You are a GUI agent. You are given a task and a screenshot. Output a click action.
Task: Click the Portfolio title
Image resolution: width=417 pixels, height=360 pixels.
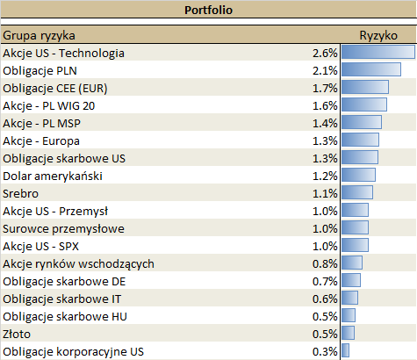pyautogui.click(x=208, y=11)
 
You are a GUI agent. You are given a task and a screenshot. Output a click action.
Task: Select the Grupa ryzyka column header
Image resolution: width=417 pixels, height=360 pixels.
pyautogui.click(x=39, y=36)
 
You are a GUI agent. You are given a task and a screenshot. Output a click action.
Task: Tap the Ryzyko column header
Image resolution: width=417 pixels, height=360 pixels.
pyautogui.click(x=378, y=36)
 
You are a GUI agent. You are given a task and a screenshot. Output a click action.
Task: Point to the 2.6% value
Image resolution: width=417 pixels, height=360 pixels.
pyautogui.click(x=325, y=54)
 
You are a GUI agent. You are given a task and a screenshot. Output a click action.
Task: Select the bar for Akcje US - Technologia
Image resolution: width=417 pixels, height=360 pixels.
pyautogui.click(x=377, y=53)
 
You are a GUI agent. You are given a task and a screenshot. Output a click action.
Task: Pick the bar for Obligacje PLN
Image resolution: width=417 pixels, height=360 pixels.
pyautogui.click(x=370, y=70)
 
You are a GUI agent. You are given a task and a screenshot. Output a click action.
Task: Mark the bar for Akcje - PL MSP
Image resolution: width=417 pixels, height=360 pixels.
pyautogui.click(x=361, y=123)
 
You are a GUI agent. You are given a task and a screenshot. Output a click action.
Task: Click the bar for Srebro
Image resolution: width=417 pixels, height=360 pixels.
pyautogui.click(x=356, y=193)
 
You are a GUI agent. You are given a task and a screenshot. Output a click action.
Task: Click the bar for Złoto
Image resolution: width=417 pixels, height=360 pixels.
pyautogui.click(x=348, y=334)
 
